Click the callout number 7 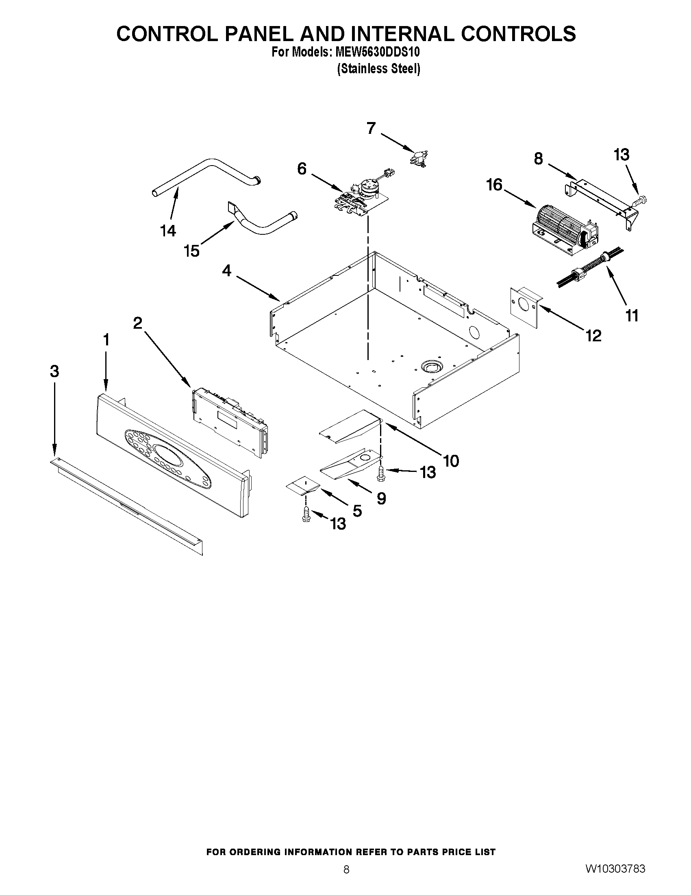[x=371, y=128]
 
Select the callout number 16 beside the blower [x=494, y=185]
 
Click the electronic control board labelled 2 [x=229, y=420]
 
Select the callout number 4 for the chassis [x=226, y=271]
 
